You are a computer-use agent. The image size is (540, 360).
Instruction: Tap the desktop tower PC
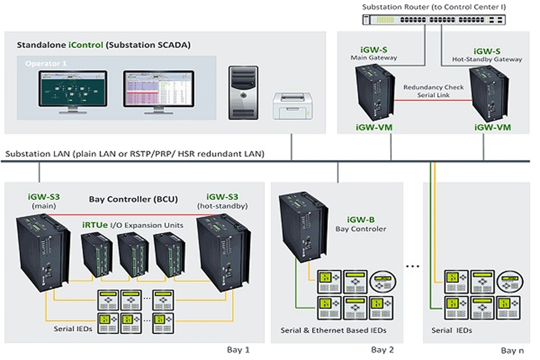point(243,92)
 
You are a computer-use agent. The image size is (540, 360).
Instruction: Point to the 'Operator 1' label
point(45,64)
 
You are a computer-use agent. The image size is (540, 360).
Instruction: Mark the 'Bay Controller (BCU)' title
point(133,199)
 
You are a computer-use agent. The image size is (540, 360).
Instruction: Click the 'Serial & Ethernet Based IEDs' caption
point(333,330)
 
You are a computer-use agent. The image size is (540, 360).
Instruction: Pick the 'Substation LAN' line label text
point(135,154)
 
